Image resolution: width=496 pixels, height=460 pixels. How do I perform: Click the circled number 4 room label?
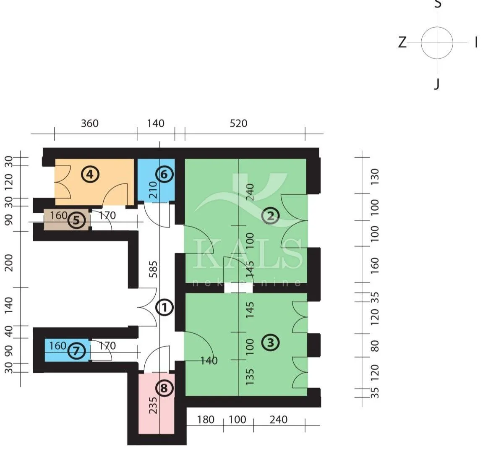tap(90, 174)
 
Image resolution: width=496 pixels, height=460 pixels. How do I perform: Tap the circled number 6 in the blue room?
tap(164, 174)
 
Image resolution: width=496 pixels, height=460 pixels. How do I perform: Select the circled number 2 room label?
tap(271, 216)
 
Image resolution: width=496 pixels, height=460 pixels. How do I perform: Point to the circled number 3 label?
tap(271, 342)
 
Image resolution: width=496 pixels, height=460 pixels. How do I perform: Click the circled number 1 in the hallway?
tap(164, 307)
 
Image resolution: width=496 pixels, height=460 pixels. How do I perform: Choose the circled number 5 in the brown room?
tap(76, 220)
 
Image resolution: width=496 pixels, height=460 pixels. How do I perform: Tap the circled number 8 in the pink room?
tap(164, 388)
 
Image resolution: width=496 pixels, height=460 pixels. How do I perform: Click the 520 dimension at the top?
tap(238, 123)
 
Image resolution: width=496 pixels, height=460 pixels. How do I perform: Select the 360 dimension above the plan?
tap(90, 123)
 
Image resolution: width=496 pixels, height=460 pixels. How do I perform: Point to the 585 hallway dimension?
tap(153, 269)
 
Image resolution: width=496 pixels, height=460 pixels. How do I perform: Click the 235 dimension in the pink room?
tap(153, 405)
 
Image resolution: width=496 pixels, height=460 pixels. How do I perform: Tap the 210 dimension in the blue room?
tap(153, 190)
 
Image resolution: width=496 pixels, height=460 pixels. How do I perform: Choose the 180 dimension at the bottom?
tap(206, 420)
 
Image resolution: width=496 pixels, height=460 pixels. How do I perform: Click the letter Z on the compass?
tap(402, 42)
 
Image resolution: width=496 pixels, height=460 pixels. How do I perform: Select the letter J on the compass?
tap(437, 84)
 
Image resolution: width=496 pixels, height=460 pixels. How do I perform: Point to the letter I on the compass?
tap(476, 42)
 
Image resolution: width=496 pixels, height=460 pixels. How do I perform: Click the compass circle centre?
tap(437, 43)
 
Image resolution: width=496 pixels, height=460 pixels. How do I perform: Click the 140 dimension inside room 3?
tap(209, 361)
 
